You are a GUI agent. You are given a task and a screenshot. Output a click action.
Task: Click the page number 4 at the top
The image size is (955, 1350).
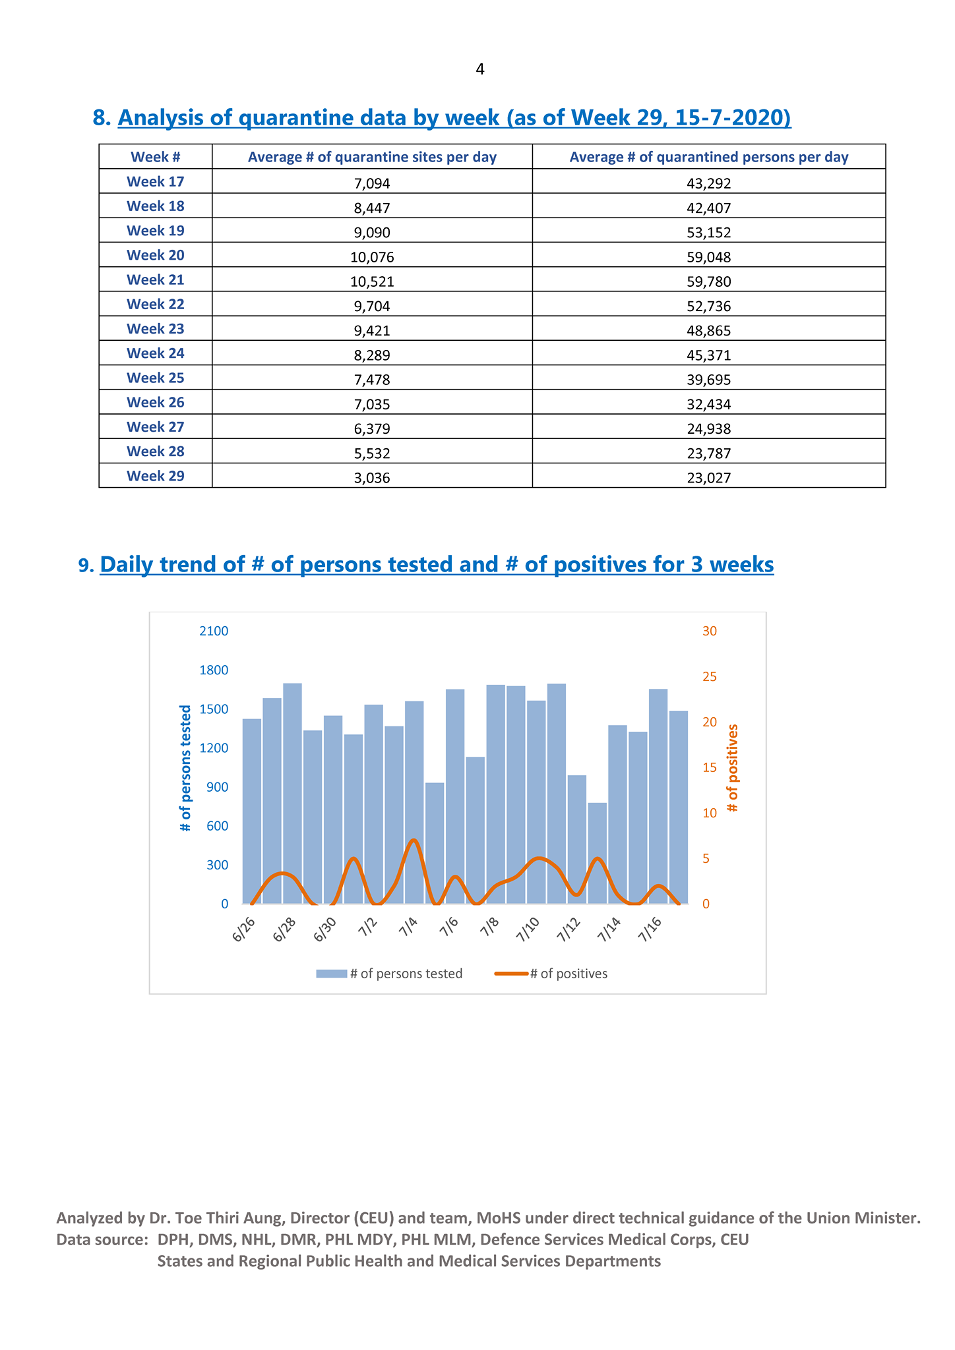[479, 69]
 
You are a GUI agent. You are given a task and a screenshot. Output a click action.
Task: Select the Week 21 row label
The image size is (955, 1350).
[156, 279]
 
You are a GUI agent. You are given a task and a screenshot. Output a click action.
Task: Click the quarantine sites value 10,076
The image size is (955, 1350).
[372, 257]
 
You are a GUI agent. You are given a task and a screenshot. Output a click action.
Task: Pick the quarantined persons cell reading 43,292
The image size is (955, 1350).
[709, 183]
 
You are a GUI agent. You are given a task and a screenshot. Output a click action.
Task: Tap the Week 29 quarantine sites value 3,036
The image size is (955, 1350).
[372, 478]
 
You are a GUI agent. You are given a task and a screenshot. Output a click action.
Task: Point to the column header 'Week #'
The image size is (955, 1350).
[156, 157]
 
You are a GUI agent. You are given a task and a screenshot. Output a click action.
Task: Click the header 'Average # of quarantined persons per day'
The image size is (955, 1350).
[709, 157]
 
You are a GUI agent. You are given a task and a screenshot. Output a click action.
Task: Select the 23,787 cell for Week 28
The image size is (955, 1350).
[709, 454]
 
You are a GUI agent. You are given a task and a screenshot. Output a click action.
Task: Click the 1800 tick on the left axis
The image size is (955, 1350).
[214, 670]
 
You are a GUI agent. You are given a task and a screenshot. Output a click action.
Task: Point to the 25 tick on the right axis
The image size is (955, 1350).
[710, 676]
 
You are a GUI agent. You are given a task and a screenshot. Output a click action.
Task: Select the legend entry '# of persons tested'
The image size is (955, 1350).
[389, 974]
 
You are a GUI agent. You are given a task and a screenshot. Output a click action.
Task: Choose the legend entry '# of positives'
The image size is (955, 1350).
[551, 974]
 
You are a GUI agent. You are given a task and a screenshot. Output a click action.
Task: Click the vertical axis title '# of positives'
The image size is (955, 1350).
[733, 768]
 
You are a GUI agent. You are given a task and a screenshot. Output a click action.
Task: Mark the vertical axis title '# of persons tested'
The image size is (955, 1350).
[185, 768]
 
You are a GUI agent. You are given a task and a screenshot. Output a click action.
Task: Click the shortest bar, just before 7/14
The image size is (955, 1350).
[598, 853]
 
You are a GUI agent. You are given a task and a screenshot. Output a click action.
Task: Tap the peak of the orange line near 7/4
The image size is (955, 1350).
[414, 840]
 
